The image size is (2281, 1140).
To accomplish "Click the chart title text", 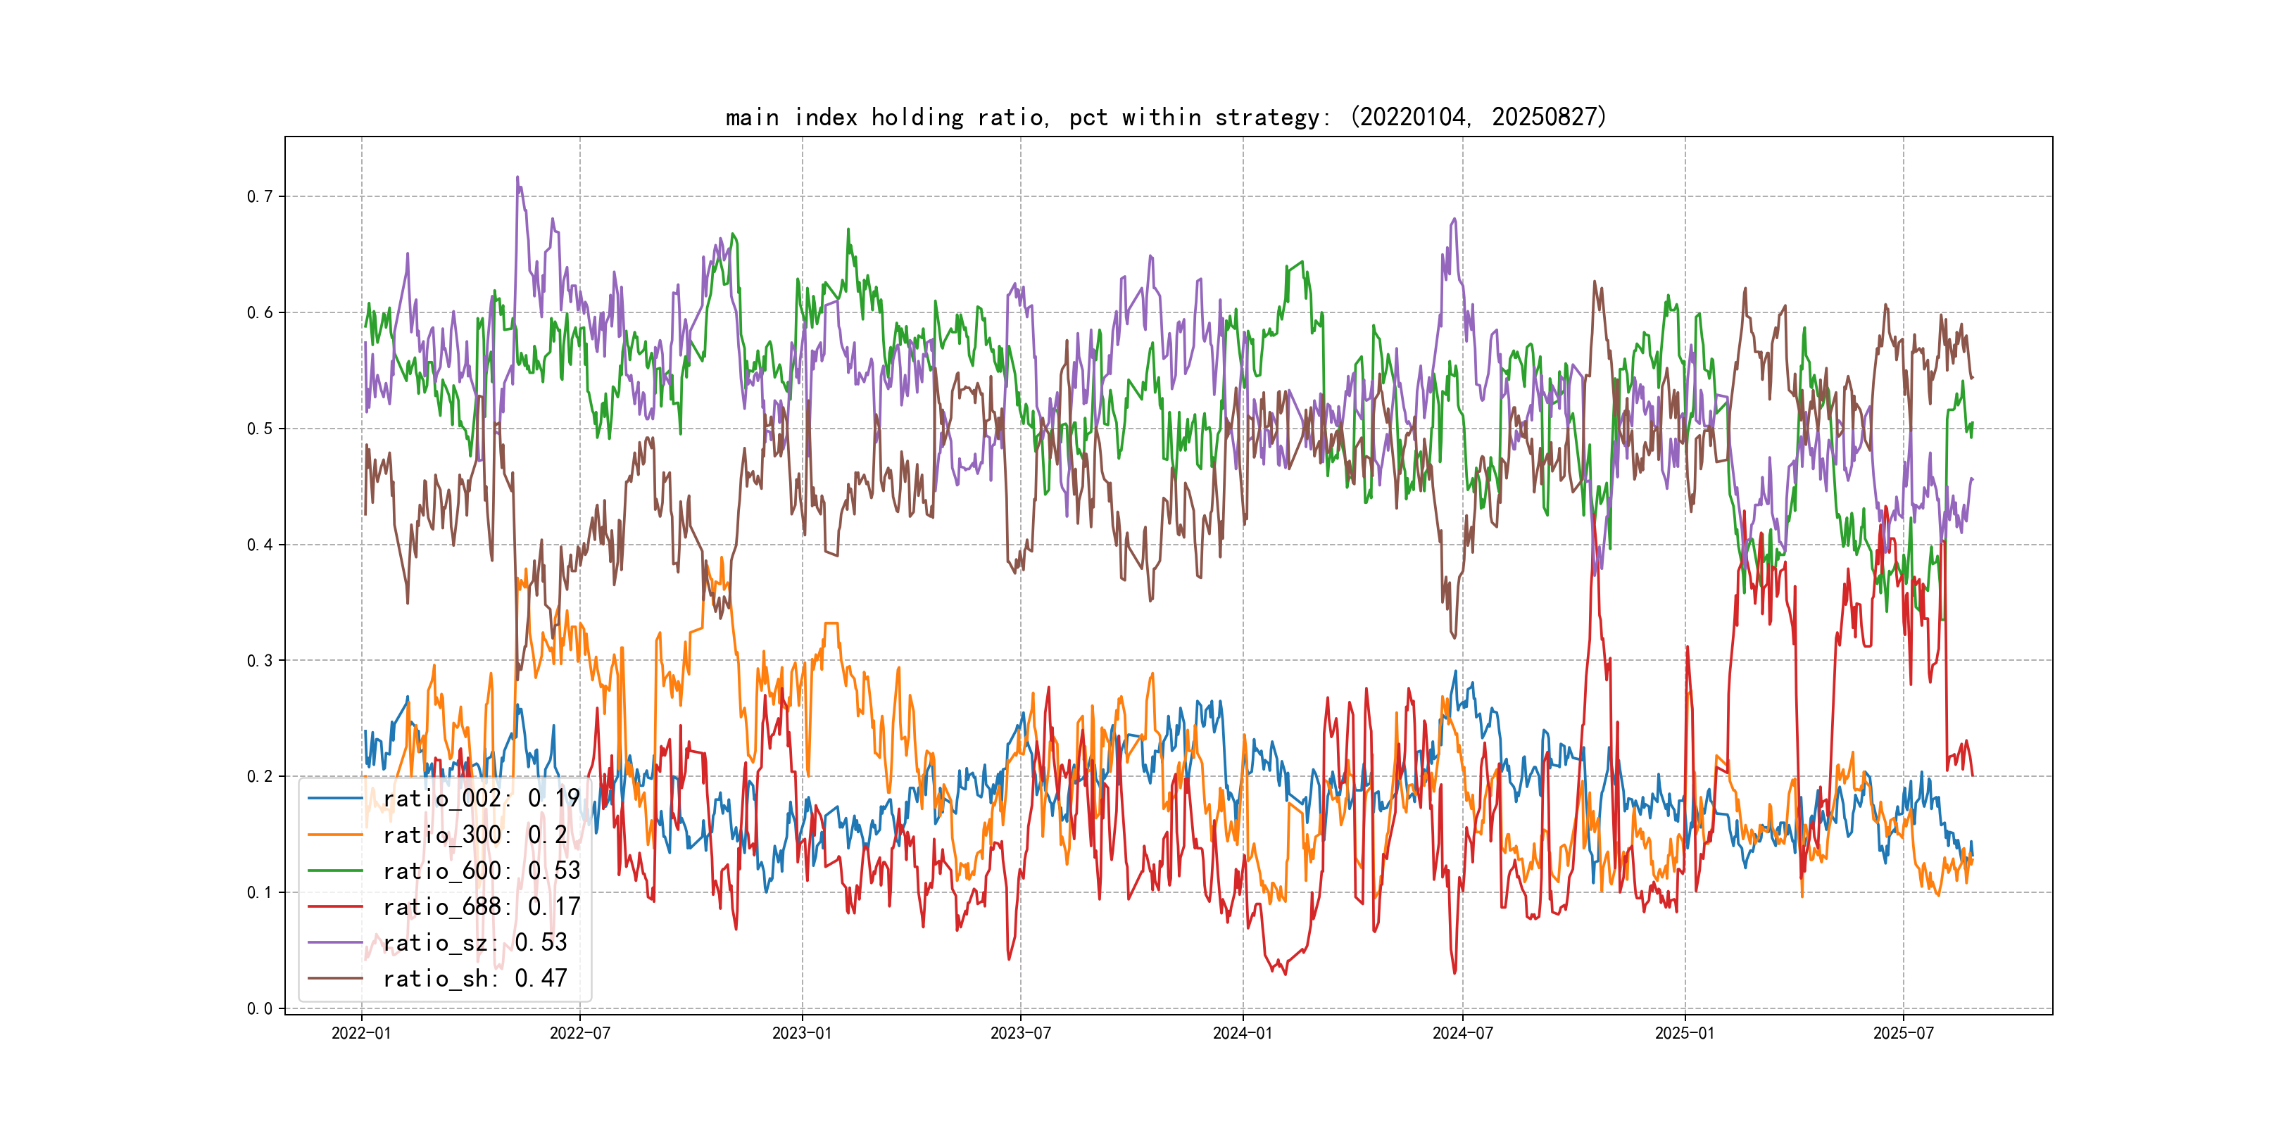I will (x=1165, y=118).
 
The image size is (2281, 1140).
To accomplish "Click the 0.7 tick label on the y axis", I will (x=260, y=196).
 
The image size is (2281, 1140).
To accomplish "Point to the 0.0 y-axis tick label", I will (x=260, y=1008).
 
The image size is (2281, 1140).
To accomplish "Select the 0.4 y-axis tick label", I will (x=260, y=545).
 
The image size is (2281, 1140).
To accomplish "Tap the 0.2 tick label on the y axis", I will (x=260, y=776).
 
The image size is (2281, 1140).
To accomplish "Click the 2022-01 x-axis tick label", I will (x=361, y=1033).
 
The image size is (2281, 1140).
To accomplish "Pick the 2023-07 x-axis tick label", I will (x=1020, y=1033).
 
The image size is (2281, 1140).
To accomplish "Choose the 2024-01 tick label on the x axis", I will (x=1243, y=1033).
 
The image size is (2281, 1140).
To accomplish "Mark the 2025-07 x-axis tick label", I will (x=1903, y=1033).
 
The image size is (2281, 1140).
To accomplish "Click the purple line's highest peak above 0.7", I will (x=517, y=177).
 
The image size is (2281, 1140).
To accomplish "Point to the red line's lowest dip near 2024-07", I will (x=1454, y=973).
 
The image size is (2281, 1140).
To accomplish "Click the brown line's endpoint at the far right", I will (x=1972, y=378).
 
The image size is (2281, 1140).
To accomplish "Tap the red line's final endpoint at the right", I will (x=1972, y=775).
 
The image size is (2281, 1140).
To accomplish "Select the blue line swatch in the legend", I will (x=334, y=799).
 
